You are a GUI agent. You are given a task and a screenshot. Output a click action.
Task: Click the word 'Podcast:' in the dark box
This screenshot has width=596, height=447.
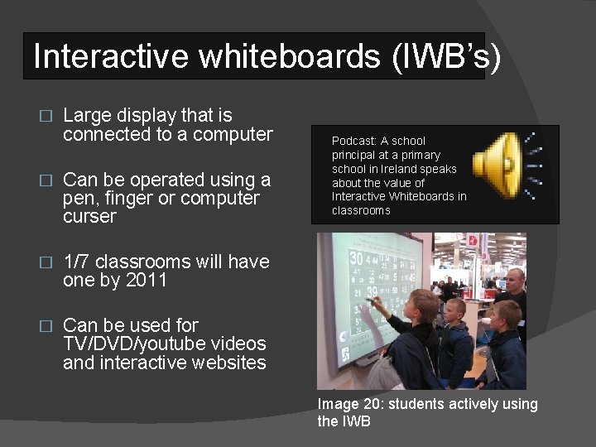click(354, 141)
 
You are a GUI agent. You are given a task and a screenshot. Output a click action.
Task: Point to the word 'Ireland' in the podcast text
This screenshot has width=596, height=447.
click(400, 169)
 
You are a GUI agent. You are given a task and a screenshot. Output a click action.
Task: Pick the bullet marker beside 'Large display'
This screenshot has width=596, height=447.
click(46, 116)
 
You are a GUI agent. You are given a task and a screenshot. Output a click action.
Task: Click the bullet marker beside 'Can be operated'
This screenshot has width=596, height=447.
click(46, 180)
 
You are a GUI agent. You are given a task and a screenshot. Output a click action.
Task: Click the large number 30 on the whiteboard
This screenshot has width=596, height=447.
click(356, 259)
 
